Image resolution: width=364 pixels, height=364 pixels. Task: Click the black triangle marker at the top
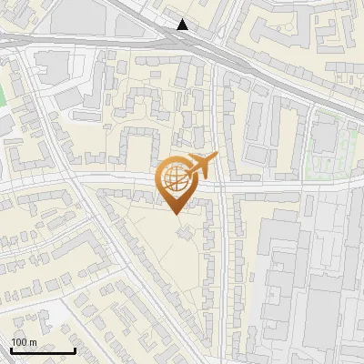click(x=184, y=25)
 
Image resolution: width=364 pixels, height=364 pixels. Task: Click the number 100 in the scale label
click(x=20, y=341)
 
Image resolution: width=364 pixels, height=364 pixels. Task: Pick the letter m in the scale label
click(x=33, y=341)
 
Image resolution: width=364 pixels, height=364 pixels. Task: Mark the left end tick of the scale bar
click(x=10, y=349)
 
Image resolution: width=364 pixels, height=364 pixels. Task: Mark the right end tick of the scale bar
click(x=75, y=349)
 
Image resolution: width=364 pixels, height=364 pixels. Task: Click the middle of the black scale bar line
click(x=42, y=351)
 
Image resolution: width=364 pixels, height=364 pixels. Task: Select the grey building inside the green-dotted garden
click(x=324, y=136)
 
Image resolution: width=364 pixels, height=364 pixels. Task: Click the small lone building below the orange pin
click(x=185, y=234)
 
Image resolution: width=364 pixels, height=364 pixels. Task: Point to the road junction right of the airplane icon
click(x=220, y=182)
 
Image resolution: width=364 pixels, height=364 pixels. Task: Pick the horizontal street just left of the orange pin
click(x=109, y=177)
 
